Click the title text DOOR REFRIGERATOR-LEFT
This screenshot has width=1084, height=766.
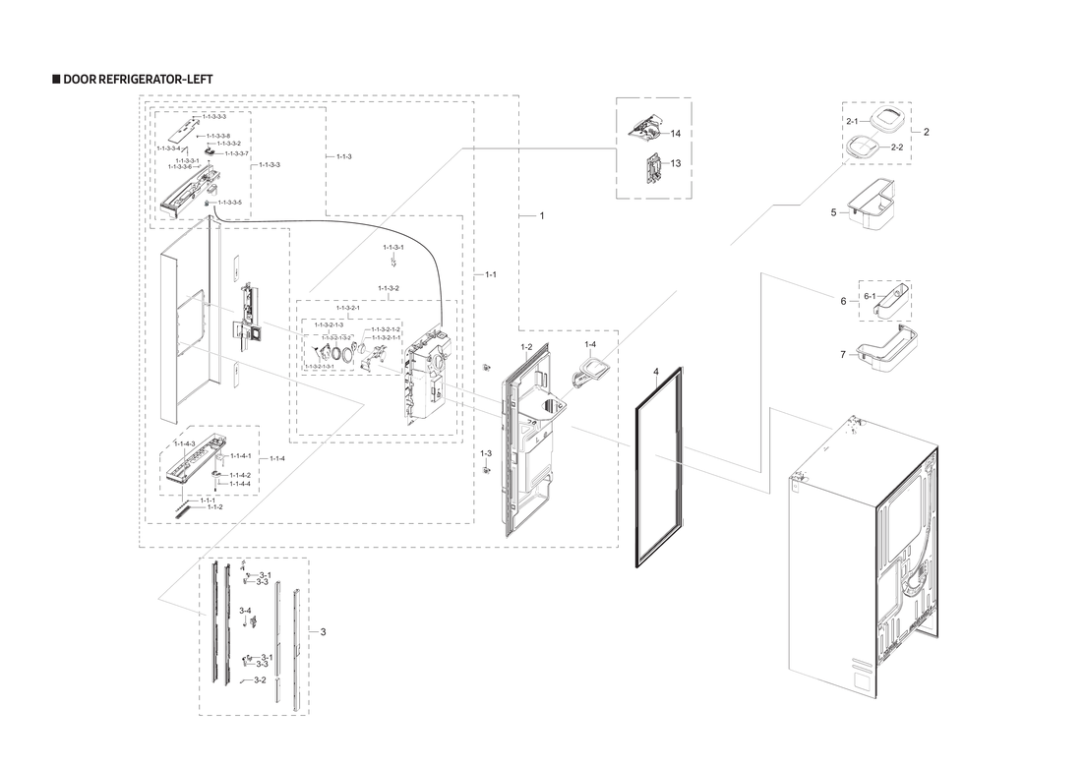137,79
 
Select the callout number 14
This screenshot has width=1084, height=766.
676,133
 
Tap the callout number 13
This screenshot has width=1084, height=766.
676,163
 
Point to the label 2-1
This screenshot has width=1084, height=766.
851,120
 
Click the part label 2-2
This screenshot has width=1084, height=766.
896,147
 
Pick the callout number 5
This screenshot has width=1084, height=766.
832,211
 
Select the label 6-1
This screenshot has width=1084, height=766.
870,296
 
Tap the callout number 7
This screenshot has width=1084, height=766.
842,354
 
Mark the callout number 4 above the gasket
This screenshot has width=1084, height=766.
654,373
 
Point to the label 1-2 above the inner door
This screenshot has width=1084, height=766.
526,348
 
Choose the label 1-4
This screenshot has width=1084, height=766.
590,344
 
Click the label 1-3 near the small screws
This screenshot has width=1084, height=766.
485,453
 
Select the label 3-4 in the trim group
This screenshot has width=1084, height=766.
245,611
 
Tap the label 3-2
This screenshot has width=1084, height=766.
260,679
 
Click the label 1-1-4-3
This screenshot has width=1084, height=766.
185,443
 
